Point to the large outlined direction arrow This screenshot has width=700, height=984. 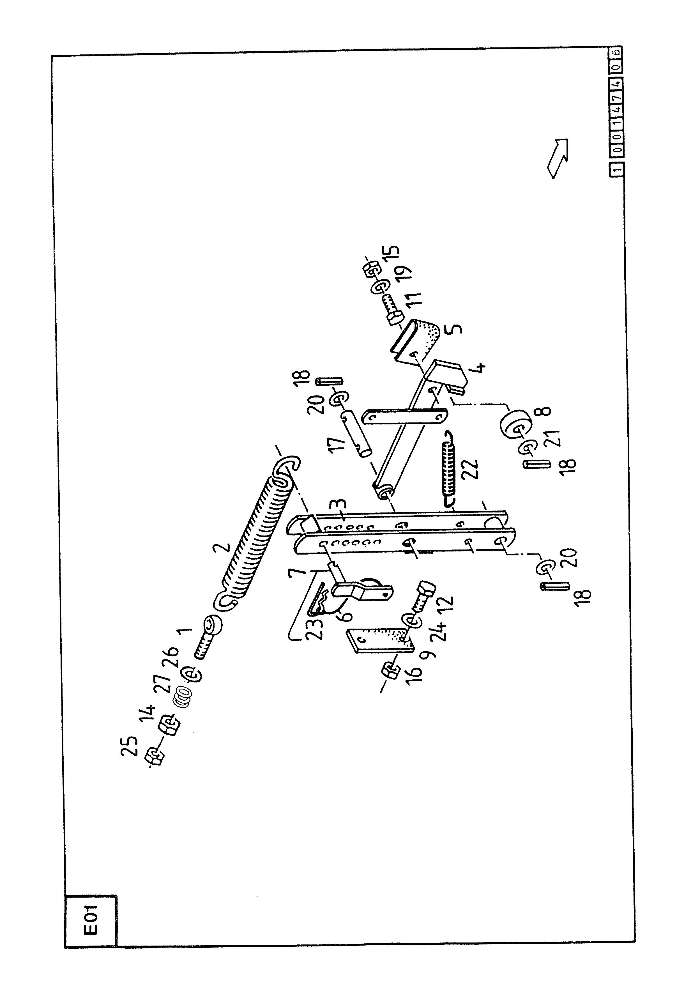coord(557,157)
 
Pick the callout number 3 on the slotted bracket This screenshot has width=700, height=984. coord(340,504)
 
